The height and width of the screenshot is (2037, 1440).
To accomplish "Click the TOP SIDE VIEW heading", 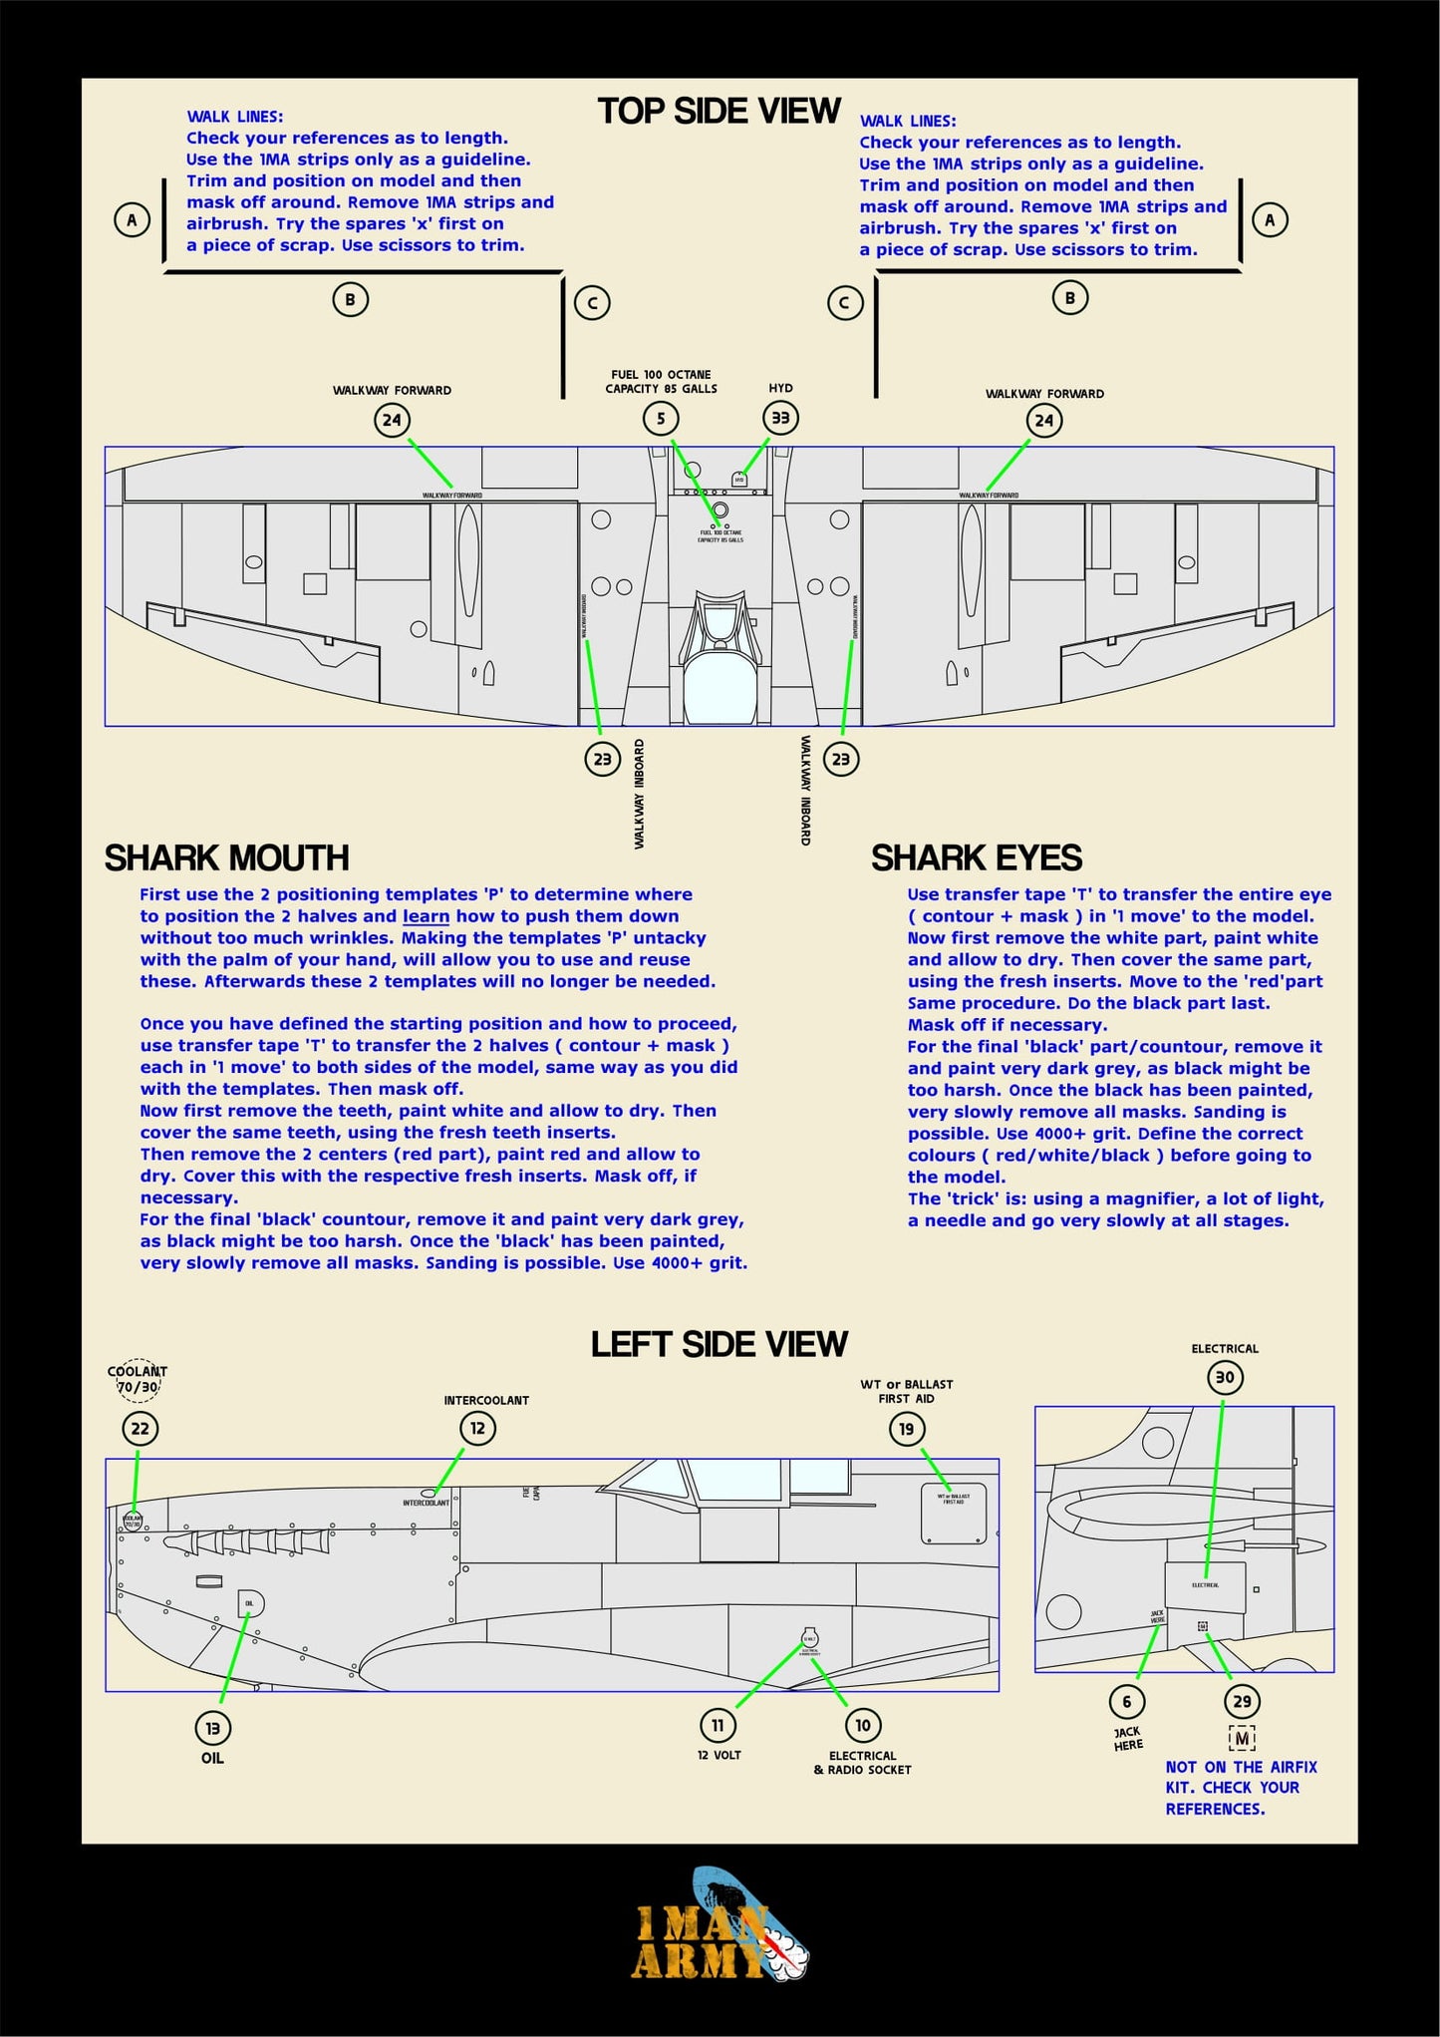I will pos(719,111).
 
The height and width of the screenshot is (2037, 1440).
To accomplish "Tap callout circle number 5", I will pos(661,419).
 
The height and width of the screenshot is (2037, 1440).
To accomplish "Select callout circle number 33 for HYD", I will pos(780,419).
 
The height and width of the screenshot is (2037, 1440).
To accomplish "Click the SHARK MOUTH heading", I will pos(226,858).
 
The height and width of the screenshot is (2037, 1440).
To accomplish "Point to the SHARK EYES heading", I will pos(976,858).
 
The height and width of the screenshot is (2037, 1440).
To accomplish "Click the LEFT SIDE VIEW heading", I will pos(719,1344).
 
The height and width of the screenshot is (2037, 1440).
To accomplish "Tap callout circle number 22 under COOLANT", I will pos(141,1429).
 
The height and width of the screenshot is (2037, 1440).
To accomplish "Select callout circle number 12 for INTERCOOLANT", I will pos(477,1429).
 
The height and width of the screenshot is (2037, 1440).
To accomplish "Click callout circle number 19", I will pos(906,1430).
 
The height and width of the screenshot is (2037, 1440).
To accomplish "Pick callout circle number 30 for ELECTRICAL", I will pos(1225,1378).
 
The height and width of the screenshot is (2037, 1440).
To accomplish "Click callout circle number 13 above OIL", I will pos(212,1729).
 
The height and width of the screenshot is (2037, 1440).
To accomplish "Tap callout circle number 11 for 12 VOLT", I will pos(718,1725).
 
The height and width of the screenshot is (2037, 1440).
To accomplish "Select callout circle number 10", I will pos(863,1725).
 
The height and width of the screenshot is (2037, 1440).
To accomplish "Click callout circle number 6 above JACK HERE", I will pos(1127,1702).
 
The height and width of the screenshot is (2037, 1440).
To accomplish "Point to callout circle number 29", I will pos(1242,1702).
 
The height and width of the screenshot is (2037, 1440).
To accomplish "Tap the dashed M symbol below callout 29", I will pos(1242,1739).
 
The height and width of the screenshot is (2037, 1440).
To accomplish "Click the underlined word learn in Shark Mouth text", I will pos(426,916).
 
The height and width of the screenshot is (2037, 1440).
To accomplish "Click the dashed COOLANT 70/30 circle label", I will pos(138,1380).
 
